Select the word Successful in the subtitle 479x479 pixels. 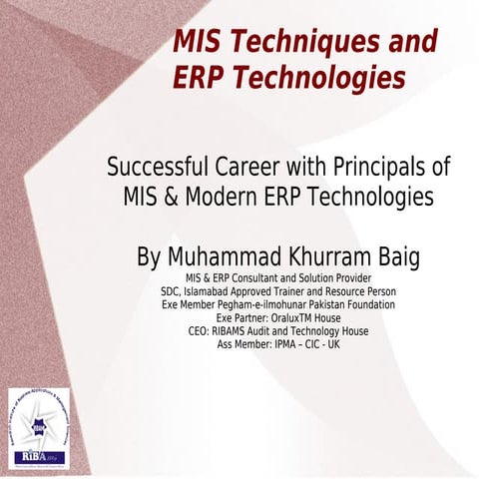coord(153,165)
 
